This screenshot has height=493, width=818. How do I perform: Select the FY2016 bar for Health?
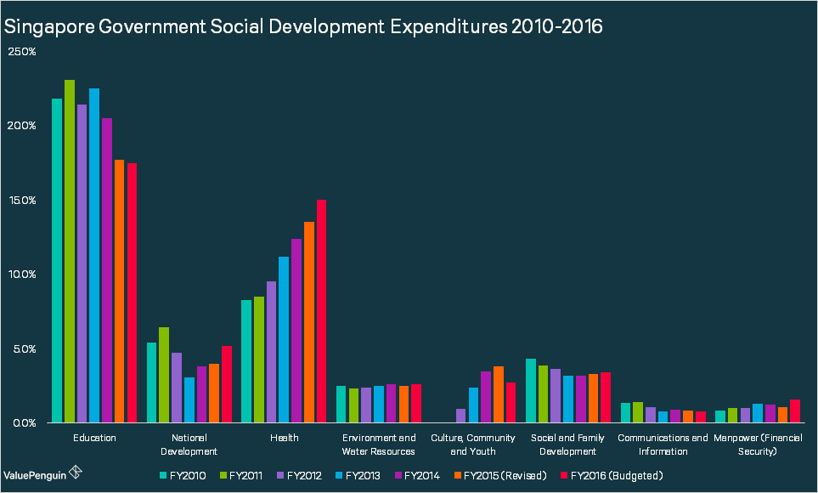(x=321, y=311)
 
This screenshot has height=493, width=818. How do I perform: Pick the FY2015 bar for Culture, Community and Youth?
(x=499, y=394)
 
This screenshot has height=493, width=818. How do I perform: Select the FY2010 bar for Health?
(x=246, y=361)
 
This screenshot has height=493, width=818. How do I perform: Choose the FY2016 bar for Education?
(x=132, y=293)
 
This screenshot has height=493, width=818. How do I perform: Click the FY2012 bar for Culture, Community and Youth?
(x=461, y=416)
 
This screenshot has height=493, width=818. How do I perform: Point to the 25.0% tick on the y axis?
(x=21, y=52)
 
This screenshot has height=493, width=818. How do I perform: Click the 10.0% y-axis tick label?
(x=21, y=275)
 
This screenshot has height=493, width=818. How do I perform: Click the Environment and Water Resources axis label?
(x=378, y=445)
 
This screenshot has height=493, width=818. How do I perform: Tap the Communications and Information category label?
(x=663, y=445)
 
